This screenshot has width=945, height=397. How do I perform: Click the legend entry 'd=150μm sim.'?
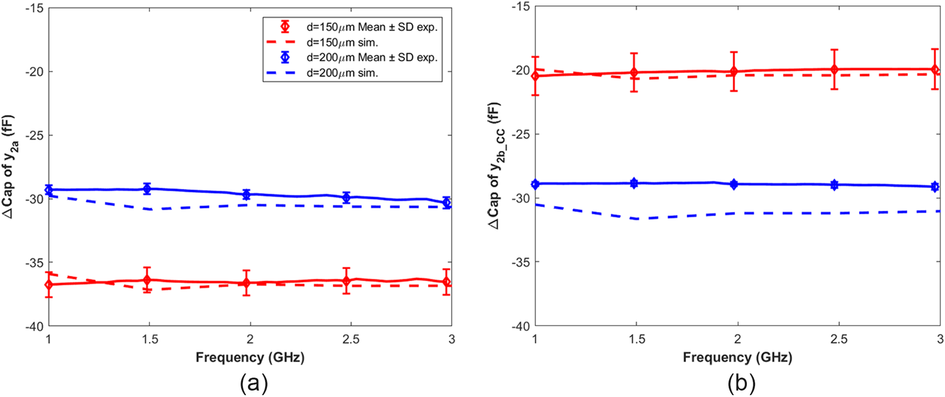point(342,42)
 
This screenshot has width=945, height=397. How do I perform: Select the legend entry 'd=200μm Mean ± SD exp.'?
point(372,58)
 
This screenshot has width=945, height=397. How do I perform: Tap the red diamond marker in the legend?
point(285,26)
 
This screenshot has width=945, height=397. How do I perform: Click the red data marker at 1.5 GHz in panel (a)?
point(147,280)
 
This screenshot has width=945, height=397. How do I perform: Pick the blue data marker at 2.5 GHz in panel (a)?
point(346,197)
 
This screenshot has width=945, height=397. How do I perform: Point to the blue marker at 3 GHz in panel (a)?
point(446,202)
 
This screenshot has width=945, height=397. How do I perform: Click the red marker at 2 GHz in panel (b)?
point(734,71)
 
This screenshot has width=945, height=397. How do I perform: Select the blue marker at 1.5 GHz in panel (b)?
point(634,183)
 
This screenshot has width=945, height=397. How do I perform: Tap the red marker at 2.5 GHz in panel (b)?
point(834,70)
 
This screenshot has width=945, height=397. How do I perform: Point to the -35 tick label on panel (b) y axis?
point(520,262)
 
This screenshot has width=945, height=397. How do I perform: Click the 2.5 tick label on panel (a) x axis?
point(350,340)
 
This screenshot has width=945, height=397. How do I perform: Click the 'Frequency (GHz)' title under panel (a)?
point(250,357)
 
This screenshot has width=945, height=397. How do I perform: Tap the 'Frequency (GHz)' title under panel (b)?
point(737,357)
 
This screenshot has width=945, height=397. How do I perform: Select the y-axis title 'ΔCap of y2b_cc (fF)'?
point(496,166)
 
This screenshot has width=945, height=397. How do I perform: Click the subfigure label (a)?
point(254,383)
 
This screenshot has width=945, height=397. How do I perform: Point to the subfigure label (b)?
point(741,383)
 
